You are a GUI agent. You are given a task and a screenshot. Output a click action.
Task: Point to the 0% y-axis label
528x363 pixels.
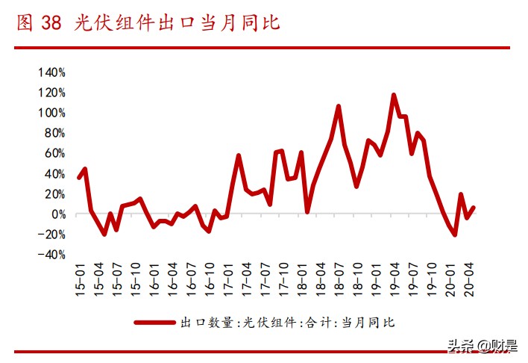58,214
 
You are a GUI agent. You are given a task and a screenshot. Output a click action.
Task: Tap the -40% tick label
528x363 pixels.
52,255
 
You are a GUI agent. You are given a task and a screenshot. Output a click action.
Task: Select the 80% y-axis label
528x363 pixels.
54,134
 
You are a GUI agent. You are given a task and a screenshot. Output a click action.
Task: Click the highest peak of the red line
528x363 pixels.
394,95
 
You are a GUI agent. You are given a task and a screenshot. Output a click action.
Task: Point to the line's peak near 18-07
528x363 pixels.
339,106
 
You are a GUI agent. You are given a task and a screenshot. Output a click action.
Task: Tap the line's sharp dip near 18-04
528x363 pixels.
307,212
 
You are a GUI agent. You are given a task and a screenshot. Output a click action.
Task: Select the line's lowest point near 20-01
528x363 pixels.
455,235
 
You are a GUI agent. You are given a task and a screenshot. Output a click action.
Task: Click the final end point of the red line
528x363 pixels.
474,207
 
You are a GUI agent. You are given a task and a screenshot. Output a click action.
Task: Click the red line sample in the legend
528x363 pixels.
154,323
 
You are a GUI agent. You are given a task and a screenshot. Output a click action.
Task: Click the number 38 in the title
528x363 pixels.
50,23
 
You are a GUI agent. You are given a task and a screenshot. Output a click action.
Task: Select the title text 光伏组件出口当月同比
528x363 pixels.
177,23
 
